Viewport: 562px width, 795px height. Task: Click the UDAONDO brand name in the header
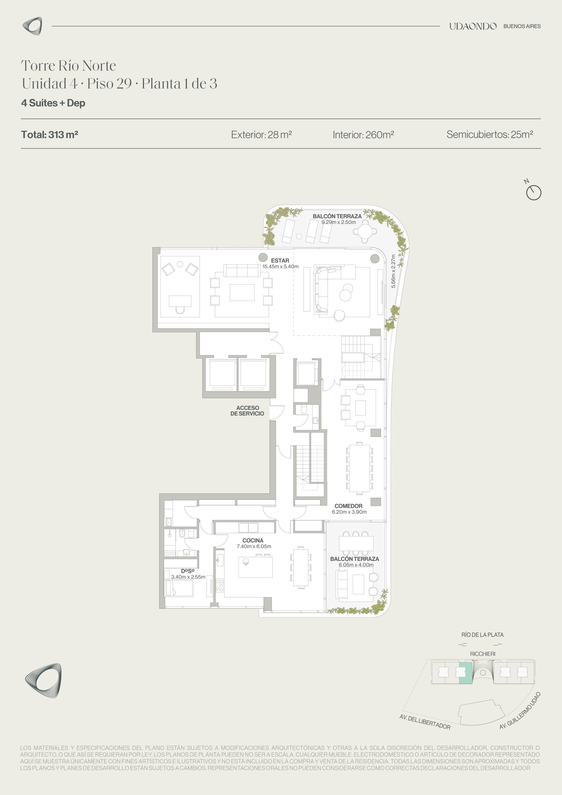tap(473, 26)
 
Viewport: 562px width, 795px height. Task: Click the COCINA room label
tap(253, 540)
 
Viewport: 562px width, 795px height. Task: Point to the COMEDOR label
tap(348, 506)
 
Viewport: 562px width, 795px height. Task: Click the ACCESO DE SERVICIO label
tap(247, 411)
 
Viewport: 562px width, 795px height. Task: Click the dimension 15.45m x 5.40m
tap(280, 267)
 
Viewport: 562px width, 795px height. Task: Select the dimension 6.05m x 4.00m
tap(356, 565)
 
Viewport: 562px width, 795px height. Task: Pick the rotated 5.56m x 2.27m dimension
tap(393, 271)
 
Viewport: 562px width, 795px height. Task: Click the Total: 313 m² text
tap(49, 134)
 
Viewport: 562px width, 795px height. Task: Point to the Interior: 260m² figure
tap(363, 134)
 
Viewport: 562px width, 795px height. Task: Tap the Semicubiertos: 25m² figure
tap(490, 134)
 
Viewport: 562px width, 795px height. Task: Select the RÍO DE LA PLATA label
tap(482, 635)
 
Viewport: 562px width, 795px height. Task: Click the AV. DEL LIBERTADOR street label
tap(425, 722)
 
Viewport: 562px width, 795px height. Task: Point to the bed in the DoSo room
tap(179, 588)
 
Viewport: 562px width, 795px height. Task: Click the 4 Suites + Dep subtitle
tap(53, 103)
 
